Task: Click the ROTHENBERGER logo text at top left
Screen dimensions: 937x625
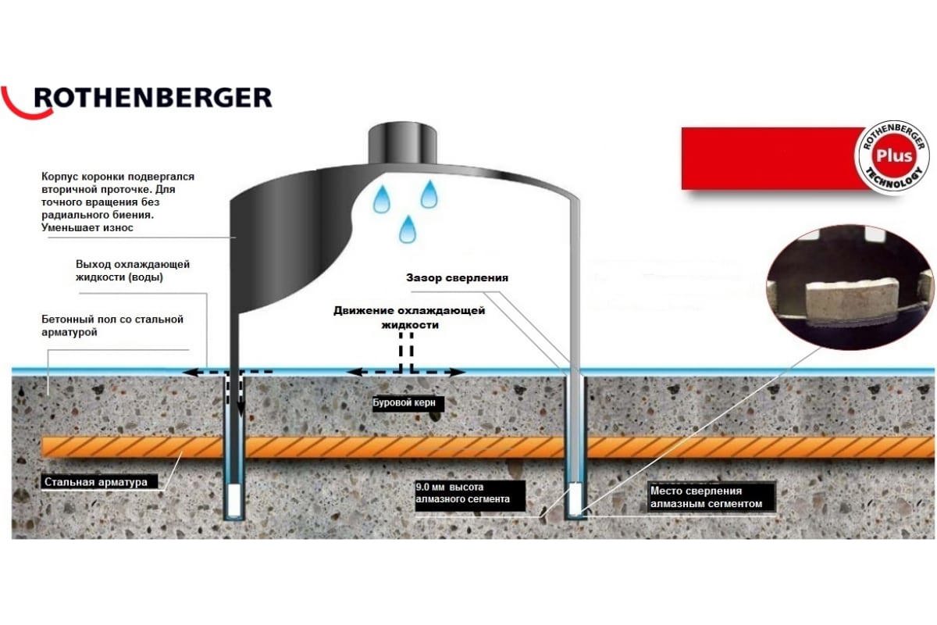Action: (153, 98)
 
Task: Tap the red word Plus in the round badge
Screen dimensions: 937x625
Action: (894, 156)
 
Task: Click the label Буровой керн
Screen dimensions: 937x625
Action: (404, 402)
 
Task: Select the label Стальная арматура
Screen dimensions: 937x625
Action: (96, 482)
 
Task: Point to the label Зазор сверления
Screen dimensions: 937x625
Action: (458, 278)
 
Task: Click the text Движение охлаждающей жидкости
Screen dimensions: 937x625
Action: (409, 317)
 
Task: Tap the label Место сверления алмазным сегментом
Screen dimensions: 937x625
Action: (707, 497)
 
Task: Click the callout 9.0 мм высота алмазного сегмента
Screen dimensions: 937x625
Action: (462, 493)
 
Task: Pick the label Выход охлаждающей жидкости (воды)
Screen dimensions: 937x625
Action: (133, 270)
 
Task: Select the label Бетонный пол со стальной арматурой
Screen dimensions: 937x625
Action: (112, 326)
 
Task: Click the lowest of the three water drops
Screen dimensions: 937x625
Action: (408, 230)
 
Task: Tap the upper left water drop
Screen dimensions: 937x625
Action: (381, 199)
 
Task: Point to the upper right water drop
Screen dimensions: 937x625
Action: (429, 194)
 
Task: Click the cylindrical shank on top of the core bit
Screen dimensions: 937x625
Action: (402, 144)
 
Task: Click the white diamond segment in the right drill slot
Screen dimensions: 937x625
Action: (575, 499)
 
